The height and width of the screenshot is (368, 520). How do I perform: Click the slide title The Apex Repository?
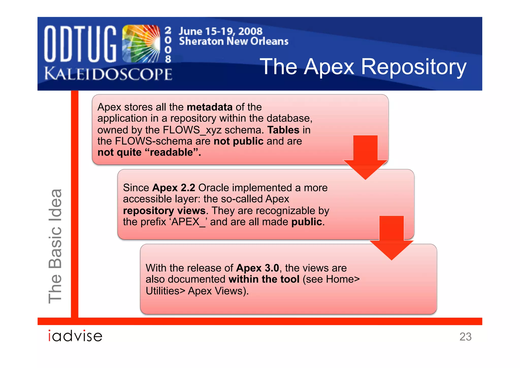coord(363,67)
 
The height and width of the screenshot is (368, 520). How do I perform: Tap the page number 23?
coord(465,336)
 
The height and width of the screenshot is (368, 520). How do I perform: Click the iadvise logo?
coord(75,336)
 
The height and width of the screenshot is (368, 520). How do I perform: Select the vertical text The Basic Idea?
coord(55,246)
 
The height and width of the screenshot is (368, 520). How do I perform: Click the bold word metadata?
coord(210,107)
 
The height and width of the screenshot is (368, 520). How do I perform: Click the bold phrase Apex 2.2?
coord(174,188)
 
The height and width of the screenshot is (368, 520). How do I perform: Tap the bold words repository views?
coord(164,211)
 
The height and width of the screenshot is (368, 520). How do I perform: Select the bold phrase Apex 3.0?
coord(257,268)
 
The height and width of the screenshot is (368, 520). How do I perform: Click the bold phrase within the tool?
coord(264,279)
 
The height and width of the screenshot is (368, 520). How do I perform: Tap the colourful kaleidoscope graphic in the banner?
coord(141,44)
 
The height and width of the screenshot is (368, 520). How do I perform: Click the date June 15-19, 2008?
coord(220,31)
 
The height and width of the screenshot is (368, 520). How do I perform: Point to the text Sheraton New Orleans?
coord(234,41)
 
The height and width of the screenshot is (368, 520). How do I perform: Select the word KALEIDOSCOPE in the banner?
coord(108,74)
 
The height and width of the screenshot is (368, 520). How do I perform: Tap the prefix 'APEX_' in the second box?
coord(188,222)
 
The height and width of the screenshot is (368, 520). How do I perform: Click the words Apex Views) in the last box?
coord(218,291)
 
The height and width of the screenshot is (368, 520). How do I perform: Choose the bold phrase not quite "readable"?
coord(149,152)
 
